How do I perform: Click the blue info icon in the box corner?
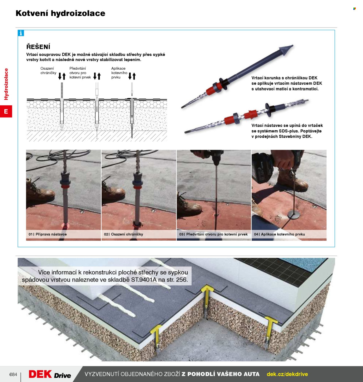tap(21, 33)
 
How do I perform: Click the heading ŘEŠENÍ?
tap(38, 47)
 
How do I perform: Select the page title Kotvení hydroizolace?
tap(60, 13)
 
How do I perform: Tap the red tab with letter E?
tap(6, 111)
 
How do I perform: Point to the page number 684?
tap(13, 374)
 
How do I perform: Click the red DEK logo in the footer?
tap(40, 374)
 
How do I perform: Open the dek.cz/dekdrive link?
tap(287, 374)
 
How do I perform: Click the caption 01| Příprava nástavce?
tap(48, 234)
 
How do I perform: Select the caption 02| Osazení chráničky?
tap(123, 234)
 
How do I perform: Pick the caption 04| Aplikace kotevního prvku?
tap(279, 234)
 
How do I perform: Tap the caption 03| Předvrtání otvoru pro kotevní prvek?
tap(213, 234)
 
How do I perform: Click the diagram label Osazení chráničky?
tap(48, 71)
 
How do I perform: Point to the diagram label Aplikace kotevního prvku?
tap(119, 73)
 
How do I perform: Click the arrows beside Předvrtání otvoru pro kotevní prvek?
tap(97, 76)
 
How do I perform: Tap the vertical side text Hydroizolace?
tap(6, 84)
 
